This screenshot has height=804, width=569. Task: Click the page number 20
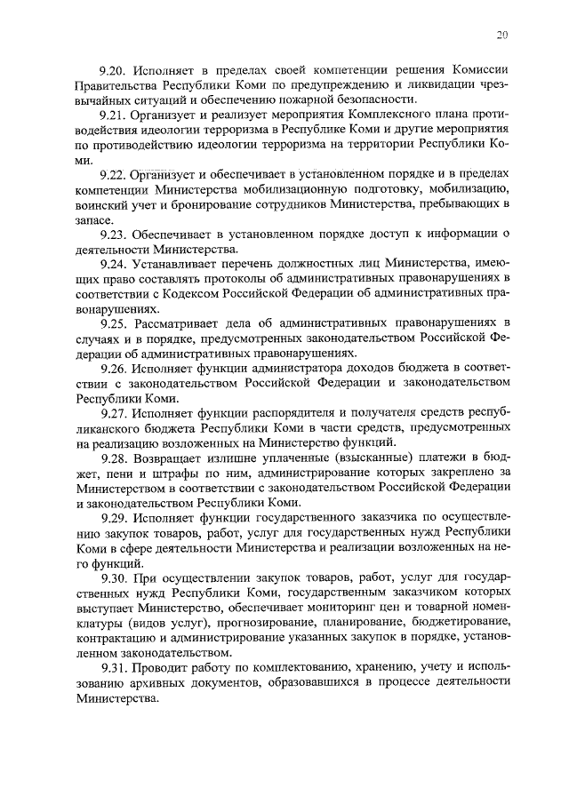502,35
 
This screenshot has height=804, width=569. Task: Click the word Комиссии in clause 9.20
478,69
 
